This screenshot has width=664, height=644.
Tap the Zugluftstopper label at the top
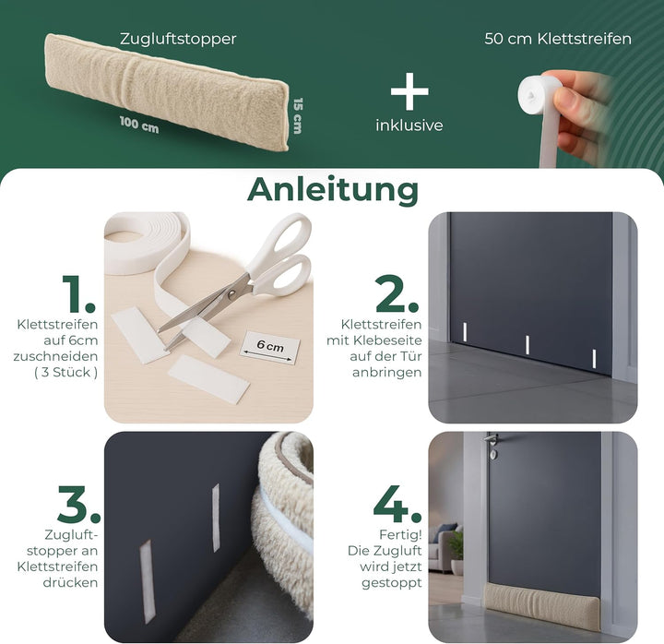coord(178,39)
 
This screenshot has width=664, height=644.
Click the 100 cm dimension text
coord(138,125)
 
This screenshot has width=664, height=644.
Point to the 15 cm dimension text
coord(296,115)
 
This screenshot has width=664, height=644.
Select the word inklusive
coord(409,125)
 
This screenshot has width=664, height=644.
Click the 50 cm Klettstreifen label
coord(558,39)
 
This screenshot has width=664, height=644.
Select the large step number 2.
coord(398,292)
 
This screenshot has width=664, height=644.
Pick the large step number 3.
coord(66,503)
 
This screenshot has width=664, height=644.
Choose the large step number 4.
coord(397,503)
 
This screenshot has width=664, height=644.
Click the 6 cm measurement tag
coord(270,346)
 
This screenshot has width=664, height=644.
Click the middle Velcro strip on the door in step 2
coord(527,344)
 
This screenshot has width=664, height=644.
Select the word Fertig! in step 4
coord(401,534)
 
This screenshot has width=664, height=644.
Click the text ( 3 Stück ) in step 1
coord(65,373)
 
